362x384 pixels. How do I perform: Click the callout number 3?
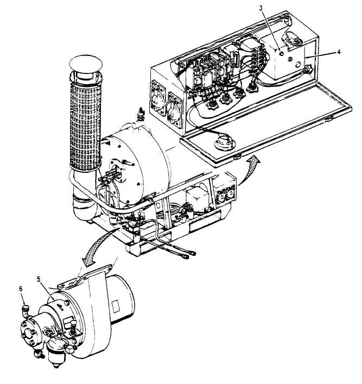coord(261,8)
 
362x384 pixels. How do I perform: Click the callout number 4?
coord(339,52)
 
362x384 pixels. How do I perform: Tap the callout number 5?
coord(39,279)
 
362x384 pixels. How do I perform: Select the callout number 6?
coord(21,289)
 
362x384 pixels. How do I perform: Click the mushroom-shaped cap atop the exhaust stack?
coord(85,63)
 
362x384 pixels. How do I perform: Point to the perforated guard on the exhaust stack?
coord(85,125)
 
